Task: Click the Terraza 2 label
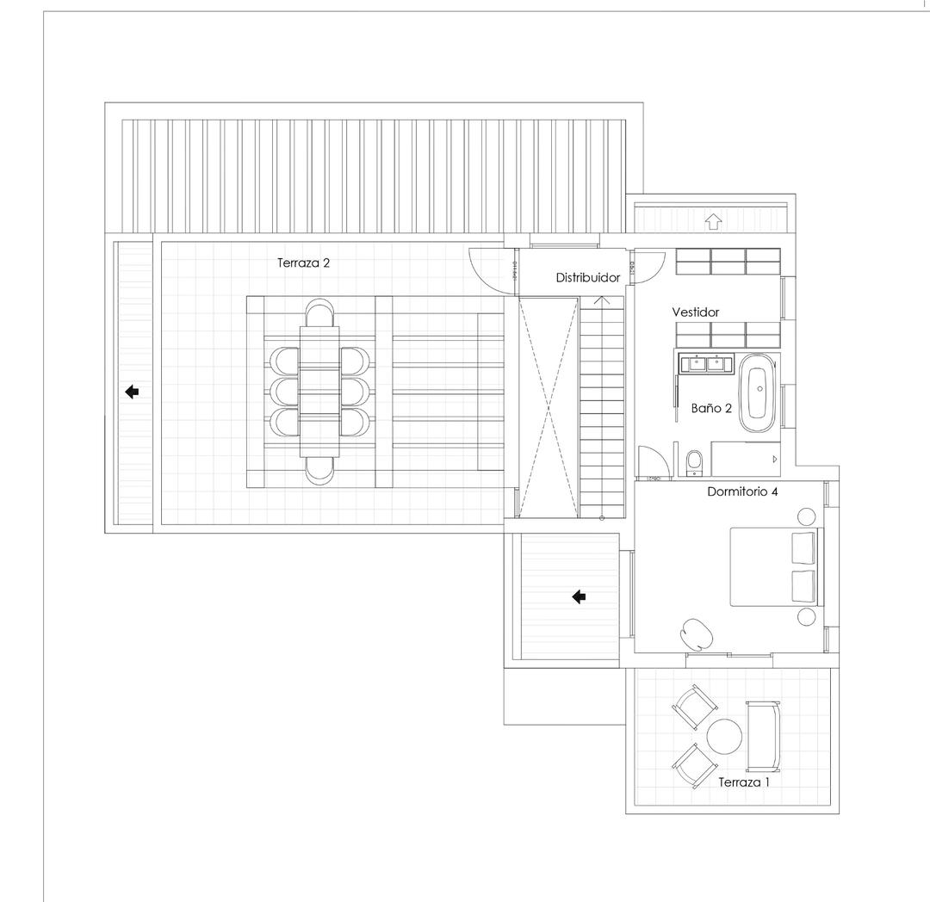coord(303,263)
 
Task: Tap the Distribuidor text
coord(588,278)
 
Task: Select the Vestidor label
coord(695,312)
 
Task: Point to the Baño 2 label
coord(711,408)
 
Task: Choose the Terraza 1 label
coord(744,782)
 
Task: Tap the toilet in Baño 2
coord(693,463)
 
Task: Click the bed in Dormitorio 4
coord(772,566)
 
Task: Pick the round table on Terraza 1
coord(724,736)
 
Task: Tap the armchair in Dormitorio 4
coord(697,633)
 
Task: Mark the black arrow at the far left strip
coord(132,392)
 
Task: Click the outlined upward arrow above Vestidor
coord(712,221)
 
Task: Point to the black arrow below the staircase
coord(579,596)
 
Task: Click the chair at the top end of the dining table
coord(319,313)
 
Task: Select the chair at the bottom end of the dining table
coord(319,468)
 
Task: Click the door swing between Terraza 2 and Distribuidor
coord(485,269)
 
